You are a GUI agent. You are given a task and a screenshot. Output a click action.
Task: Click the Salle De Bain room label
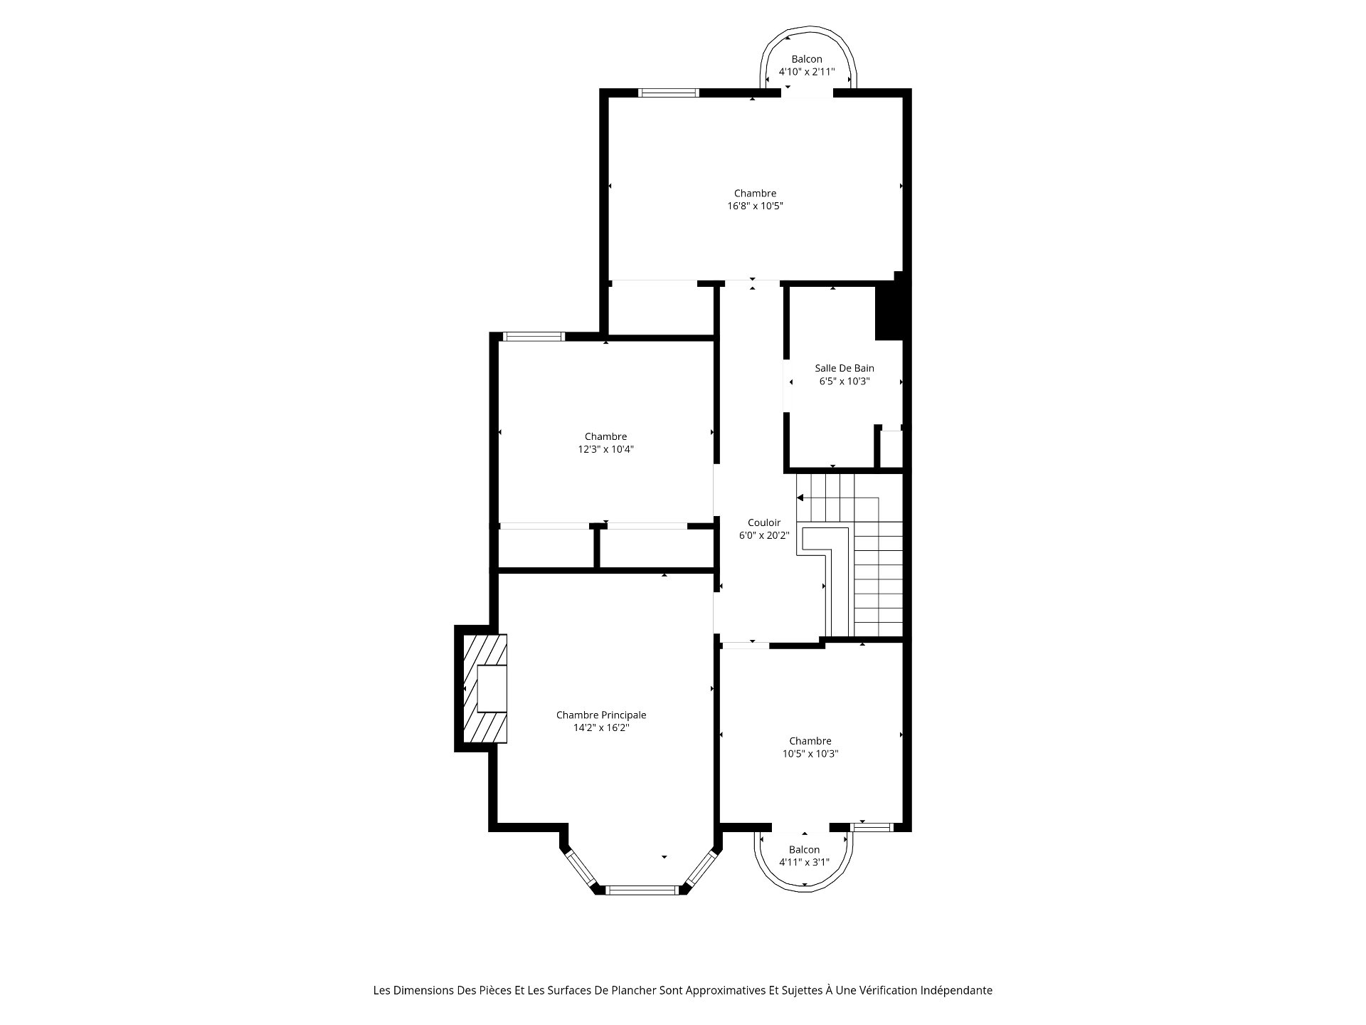pos(845,368)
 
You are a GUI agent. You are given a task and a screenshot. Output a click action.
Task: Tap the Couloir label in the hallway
pos(764,522)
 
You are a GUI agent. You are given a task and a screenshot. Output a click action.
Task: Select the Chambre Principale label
pos(601,715)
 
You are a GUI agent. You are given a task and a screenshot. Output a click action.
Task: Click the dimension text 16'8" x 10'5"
pos(755,206)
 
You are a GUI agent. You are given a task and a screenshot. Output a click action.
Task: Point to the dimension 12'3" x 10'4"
pos(605,449)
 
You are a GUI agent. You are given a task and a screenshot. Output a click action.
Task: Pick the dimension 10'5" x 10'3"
pos(810,754)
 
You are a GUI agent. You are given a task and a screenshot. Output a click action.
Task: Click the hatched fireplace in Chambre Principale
pos(485,688)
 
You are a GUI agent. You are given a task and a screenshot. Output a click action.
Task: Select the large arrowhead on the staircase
pos(800,498)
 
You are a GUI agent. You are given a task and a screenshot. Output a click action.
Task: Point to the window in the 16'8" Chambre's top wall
pos(669,93)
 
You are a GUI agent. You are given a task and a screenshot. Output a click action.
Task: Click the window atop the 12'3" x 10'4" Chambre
pos(534,337)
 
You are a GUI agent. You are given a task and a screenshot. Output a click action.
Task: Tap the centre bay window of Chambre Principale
pos(642,889)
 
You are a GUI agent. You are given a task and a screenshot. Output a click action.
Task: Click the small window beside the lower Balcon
pos(872,827)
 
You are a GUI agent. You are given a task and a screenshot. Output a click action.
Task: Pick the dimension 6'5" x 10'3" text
pos(845,381)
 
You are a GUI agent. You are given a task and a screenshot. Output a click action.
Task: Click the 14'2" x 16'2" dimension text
pos(601,727)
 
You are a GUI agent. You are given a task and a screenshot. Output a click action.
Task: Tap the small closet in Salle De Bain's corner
pos(891,448)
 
